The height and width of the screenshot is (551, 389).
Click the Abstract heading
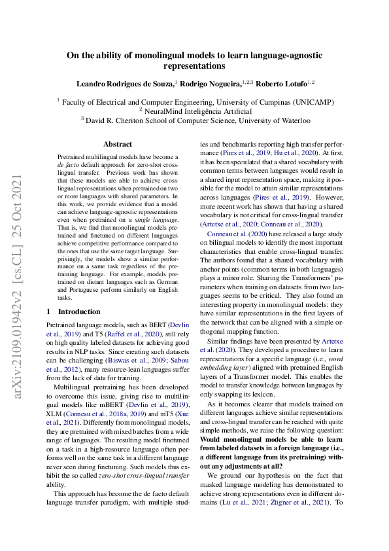(118, 144)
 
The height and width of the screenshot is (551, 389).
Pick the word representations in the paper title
(194, 66)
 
